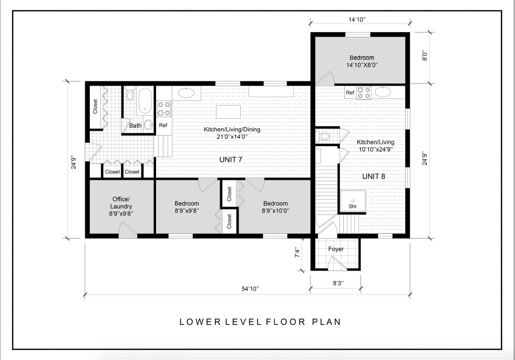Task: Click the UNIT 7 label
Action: click(x=231, y=160)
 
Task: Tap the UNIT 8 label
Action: click(x=374, y=177)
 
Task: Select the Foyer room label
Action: click(x=336, y=249)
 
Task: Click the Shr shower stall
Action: click(x=353, y=201)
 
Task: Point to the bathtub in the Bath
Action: click(x=145, y=100)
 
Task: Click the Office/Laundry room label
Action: click(x=121, y=206)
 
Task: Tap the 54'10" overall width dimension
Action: click(x=250, y=289)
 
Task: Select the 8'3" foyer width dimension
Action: click(x=338, y=283)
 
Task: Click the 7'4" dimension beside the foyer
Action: click(x=297, y=252)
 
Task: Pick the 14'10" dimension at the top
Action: click(x=357, y=20)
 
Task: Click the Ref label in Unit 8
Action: click(x=350, y=92)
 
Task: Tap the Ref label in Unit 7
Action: click(x=163, y=125)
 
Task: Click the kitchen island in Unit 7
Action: click(x=228, y=111)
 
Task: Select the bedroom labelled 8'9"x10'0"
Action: click(x=275, y=207)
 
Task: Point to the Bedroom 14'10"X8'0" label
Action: click(x=362, y=61)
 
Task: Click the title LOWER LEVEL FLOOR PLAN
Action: click(x=260, y=322)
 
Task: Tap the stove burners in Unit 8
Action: click(x=364, y=92)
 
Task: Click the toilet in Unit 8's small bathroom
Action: click(x=324, y=136)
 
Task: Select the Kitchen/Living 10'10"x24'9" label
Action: click(x=376, y=145)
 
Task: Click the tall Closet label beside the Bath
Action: click(x=95, y=106)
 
